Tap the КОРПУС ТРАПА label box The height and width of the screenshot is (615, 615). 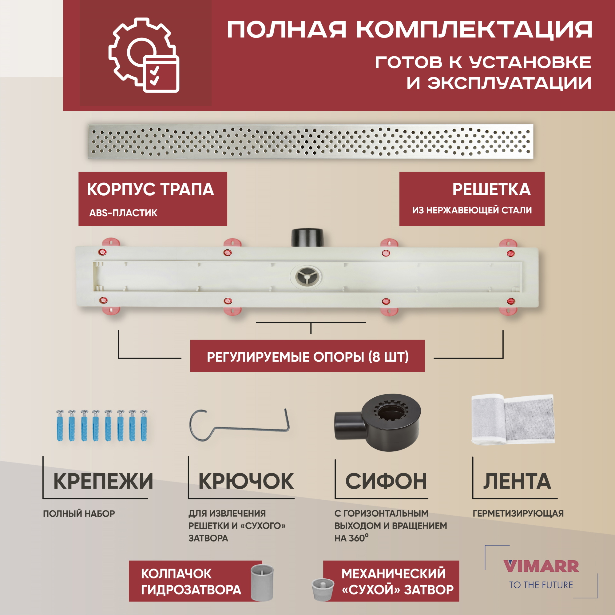(153, 199)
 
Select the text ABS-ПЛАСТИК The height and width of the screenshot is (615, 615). (123, 213)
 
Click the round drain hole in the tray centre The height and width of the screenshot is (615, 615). (306, 276)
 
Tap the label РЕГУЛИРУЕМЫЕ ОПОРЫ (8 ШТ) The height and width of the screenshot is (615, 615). (307, 357)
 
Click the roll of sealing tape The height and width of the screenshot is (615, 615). (513, 419)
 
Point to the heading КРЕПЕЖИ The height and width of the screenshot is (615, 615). (103, 481)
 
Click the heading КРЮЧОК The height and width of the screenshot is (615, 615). (246, 481)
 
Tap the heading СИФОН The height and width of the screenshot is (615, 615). (386, 481)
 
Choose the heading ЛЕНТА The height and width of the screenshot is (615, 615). (517, 482)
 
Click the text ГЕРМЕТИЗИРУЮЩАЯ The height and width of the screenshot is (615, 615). (518, 514)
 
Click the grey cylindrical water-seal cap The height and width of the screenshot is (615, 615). (262, 582)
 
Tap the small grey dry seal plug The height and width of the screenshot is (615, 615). (323, 590)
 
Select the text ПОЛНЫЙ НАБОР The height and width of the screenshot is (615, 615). (79, 514)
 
